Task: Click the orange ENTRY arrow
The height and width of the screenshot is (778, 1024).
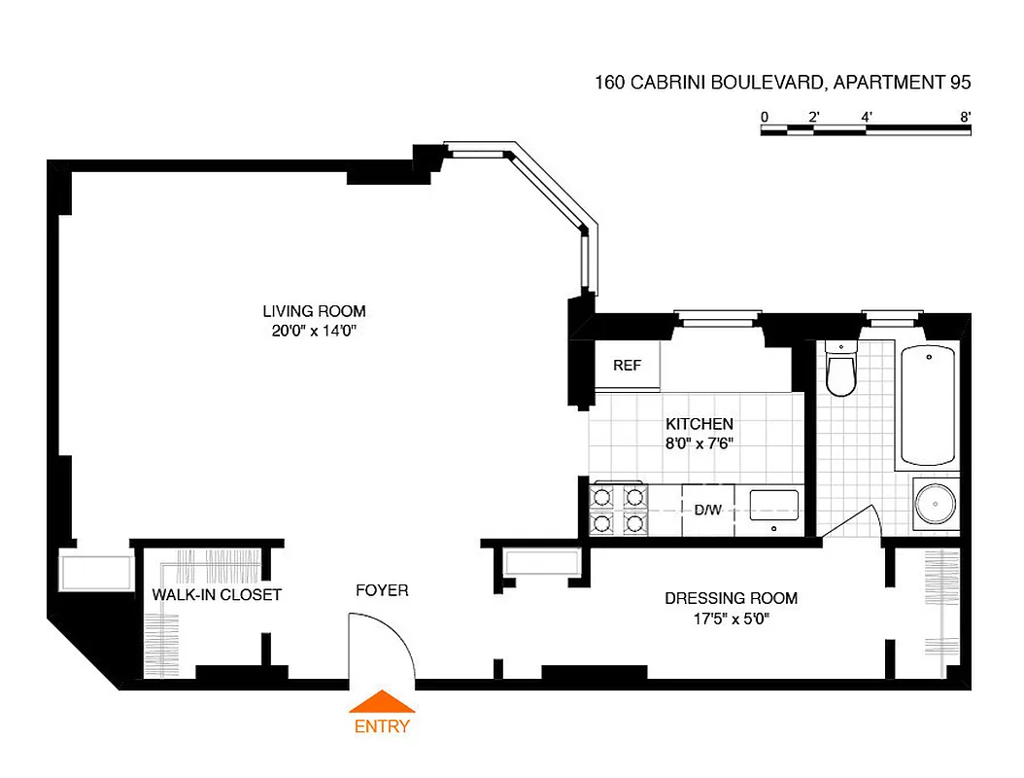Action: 382,701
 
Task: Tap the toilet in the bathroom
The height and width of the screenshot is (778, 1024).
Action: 839,373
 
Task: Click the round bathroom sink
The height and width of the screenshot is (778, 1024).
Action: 936,505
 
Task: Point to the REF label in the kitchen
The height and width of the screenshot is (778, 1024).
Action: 627,366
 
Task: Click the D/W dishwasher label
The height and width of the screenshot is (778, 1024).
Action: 706,509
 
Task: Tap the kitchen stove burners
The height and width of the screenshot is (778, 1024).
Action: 619,510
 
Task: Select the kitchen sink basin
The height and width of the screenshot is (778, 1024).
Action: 774,505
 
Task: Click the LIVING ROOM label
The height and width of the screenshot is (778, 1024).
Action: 314,311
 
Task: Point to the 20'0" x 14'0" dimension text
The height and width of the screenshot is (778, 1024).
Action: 314,331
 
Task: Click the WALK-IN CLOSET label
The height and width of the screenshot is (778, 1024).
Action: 217,594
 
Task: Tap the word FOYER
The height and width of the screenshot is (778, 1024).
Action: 382,590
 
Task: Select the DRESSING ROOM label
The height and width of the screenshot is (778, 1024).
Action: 731,598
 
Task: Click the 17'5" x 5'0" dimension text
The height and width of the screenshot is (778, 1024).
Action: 731,618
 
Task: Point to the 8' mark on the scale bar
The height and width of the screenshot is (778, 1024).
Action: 965,117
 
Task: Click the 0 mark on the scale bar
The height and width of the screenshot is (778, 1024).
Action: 765,117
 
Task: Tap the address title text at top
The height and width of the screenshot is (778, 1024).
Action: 782,84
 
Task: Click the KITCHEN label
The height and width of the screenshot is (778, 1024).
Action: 699,424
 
